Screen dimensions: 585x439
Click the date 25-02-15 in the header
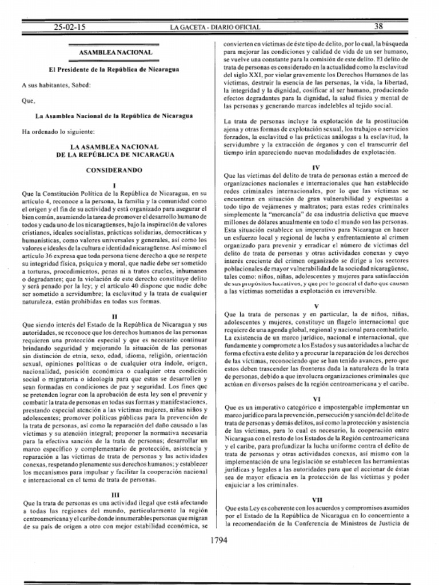click(69, 27)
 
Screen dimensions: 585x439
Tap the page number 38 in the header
click(378, 26)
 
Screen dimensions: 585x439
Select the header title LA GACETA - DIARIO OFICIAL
click(215, 27)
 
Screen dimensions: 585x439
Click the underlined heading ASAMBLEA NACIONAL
click(115, 53)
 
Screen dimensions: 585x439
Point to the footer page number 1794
click(219, 540)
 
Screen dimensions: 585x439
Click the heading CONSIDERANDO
click(114, 170)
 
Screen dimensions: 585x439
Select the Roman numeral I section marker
click(114, 185)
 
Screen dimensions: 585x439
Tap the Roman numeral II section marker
click(114, 316)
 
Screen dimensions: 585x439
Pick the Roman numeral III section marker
click(114, 495)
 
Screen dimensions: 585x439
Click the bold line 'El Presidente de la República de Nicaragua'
click(114, 69)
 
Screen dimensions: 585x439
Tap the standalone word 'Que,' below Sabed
click(29, 101)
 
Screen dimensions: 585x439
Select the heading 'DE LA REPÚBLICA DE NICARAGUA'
click(114, 155)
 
